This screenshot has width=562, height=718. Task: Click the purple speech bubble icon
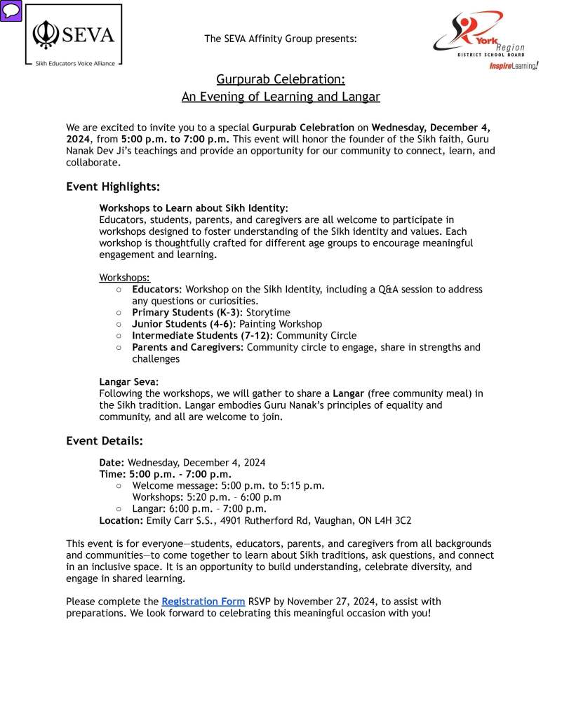point(11,11)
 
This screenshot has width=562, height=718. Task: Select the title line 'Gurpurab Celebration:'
point(281,79)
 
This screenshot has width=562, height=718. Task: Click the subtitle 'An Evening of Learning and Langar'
point(281,97)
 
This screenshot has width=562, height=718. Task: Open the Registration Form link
point(203,602)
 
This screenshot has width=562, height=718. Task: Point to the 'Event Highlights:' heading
point(113,187)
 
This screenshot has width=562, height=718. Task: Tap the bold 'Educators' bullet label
point(156,290)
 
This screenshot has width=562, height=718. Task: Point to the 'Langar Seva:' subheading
point(129,382)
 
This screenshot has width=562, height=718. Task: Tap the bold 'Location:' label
point(122,520)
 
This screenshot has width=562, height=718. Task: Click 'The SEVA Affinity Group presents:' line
point(281,39)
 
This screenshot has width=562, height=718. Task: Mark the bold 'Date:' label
point(112,463)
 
